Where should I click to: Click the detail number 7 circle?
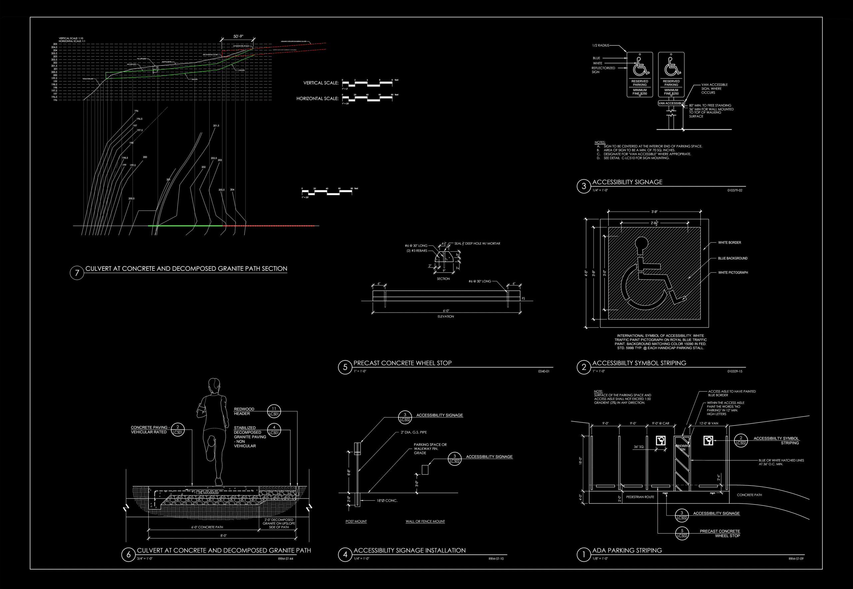77,273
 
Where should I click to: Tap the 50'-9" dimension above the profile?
238,37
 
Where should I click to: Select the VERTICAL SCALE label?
321,83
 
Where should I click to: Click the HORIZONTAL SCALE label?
318,99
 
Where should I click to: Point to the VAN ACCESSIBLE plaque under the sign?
671,103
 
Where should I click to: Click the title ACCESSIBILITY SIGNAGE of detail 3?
627,182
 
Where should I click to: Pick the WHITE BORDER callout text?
729,243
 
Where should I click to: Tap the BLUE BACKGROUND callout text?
733,258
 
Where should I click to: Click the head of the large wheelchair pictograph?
642,244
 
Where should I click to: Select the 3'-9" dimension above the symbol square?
654,212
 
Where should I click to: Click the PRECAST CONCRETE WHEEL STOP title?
402,363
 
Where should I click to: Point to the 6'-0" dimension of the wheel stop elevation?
446,311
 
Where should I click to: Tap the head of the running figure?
214,386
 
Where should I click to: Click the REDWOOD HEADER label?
244,411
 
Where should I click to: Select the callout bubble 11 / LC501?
274,411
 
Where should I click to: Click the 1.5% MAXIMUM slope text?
207,493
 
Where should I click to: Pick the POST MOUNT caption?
356,521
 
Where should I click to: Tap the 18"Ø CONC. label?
387,501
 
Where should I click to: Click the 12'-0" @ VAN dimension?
709,424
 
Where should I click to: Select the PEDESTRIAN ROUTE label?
640,497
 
